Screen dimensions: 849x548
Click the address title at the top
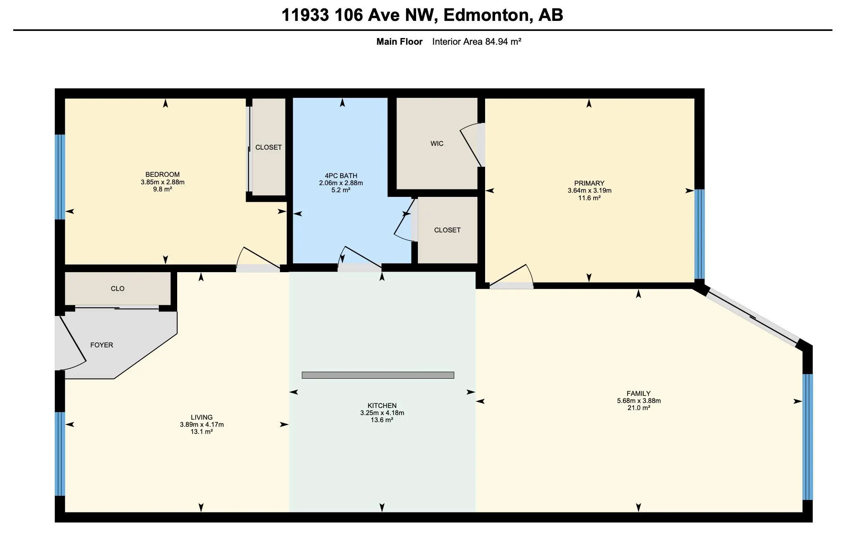[422, 15]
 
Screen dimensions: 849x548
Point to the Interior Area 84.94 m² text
[477, 42]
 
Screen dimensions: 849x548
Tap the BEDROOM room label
[163, 174]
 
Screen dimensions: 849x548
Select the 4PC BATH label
[341, 176]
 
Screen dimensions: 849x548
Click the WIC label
[437, 143]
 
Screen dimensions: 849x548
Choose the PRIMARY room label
[589, 183]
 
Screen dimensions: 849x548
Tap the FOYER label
[102, 345]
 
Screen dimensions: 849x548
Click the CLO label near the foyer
[118, 288]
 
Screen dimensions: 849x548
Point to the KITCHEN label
[382, 405]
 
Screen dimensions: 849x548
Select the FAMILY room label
[638, 393]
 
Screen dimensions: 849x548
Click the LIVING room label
[202, 417]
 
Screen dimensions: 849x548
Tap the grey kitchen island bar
[378, 375]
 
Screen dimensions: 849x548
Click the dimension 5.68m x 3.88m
[639, 401]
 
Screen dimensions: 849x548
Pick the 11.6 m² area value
[589, 198]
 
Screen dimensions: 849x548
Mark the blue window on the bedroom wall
[60, 177]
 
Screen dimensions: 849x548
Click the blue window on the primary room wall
[699, 234]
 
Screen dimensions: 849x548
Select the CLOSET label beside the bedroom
[269, 147]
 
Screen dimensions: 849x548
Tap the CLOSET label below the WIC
[447, 230]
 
